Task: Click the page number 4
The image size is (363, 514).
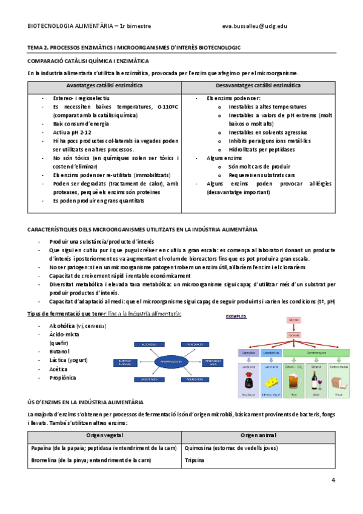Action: click(333, 481)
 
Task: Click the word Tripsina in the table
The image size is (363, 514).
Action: click(195, 461)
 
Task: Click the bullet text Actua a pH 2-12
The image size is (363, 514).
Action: click(72, 132)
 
